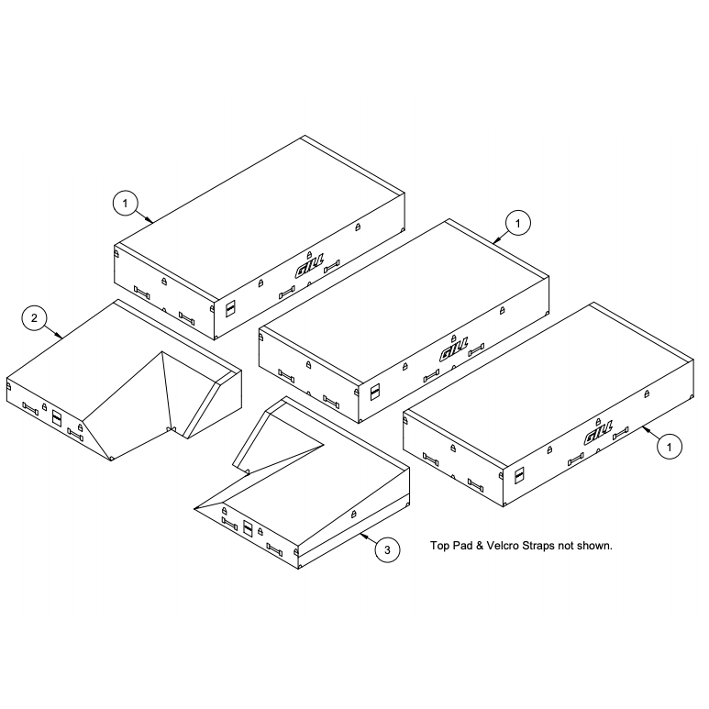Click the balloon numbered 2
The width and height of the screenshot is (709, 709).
point(34,318)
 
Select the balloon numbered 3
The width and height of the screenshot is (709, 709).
point(387,549)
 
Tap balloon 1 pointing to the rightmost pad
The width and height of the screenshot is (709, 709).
point(670,447)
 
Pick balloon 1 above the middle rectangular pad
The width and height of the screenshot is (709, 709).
point(517,223)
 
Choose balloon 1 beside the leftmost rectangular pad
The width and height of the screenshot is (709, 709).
point(126,204)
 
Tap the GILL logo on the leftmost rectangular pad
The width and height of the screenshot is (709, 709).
point(309,268)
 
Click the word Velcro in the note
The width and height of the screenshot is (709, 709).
point(503,546)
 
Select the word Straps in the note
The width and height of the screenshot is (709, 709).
point(538,547)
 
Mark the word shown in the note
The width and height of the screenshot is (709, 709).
point(595,546)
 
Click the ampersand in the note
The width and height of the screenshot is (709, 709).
point(479,546)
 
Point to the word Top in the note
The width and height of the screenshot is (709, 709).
point(438,547)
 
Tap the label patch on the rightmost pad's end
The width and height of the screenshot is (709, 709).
point(519,475)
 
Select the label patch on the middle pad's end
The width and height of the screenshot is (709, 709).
point(375,392)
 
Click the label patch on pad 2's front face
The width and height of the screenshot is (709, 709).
point(57,417)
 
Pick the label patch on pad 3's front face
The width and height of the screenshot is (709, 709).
point(248,528)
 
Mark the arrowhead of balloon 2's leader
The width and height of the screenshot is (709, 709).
point(60,336)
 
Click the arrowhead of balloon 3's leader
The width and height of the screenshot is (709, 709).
point(362,536)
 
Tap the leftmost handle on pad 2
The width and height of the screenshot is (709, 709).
point(30,408)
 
